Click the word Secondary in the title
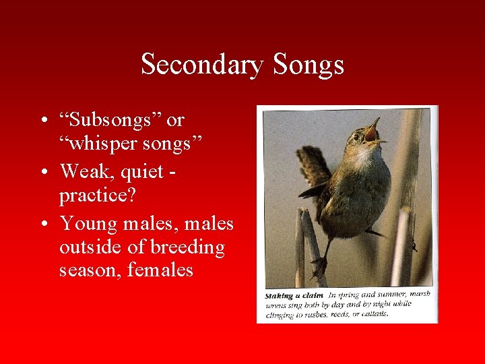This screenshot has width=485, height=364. click(x=203, y=65)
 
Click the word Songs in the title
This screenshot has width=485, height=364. click(x=308, y=65)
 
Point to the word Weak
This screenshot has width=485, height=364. click(x=82, y=171)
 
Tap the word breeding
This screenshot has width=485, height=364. click(x=187, y=247)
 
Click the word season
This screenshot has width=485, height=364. click(x=87, y=272)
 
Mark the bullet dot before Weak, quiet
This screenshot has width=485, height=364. click(x=42, y=172)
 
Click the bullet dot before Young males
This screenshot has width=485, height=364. click(x=42, y=223)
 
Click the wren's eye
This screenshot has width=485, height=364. click(x=356, y=137)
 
